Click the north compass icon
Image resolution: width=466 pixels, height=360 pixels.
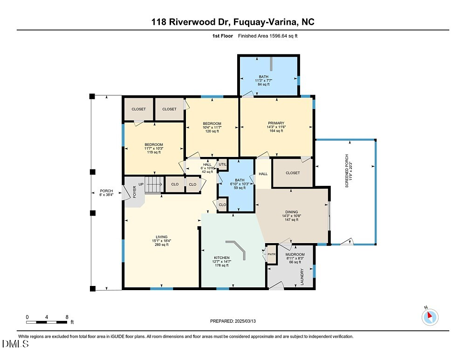click(x=430, y=317)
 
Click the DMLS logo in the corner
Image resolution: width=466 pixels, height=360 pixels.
click(x=15, y=344)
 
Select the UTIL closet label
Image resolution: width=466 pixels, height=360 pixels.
click(x=222, y=164)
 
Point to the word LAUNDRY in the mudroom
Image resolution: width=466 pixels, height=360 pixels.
click(x=302, y=277)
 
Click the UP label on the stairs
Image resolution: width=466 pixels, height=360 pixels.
click(x=141, y=184)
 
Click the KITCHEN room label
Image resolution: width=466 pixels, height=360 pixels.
click(x=221, y=258)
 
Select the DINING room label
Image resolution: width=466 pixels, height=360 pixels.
click(x=292, y=212)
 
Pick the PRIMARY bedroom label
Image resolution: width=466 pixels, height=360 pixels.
click(x=276, y=123)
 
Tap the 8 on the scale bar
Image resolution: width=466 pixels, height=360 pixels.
click(x=67, y=317)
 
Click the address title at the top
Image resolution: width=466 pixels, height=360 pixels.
click(x=233, y=22)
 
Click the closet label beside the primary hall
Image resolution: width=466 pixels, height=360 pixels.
click(x=293, y=173)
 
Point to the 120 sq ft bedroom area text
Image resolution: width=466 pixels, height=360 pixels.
click(x=212, y=131)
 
